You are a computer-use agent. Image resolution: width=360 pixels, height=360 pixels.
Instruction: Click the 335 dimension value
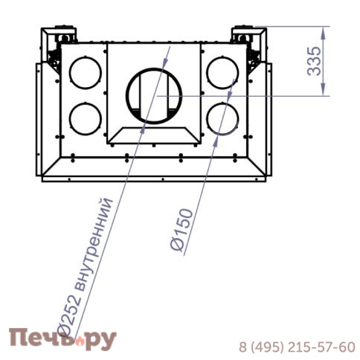coord(314,61)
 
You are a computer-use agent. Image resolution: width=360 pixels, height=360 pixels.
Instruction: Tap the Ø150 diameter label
coord(181,229)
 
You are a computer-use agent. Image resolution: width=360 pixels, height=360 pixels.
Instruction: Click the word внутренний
coord(94,244)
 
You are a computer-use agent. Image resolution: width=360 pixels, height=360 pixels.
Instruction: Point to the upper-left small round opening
coord(86,73)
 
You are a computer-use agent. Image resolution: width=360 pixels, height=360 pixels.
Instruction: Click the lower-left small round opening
coord(86,119)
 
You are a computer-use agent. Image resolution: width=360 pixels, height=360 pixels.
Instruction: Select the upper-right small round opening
coord(222,73)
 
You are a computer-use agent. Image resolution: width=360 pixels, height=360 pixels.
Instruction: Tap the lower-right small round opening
coord(222,119)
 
